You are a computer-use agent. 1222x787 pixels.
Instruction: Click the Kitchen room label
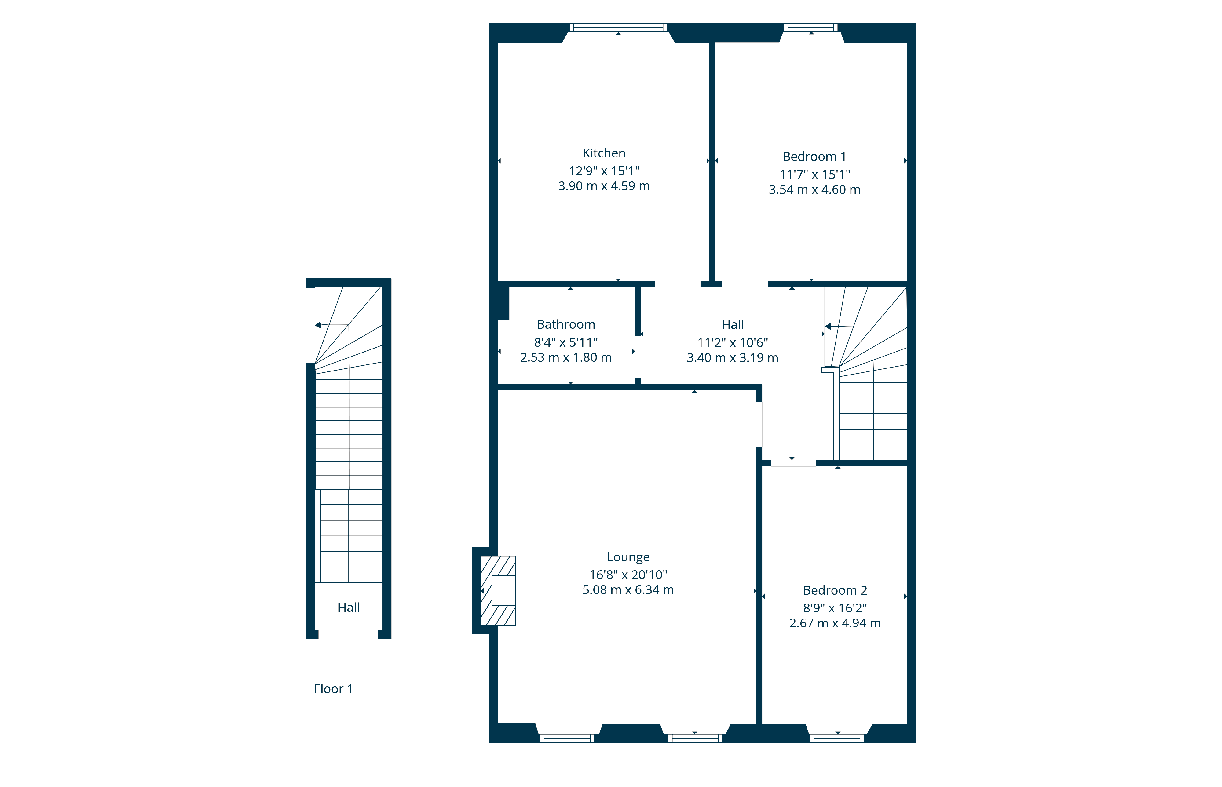click(604, 153)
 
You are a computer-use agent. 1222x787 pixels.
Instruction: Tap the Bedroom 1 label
click(814, 156)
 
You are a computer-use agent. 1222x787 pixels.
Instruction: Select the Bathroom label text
click(566, 324)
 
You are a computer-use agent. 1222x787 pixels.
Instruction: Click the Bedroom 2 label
click(835, 590)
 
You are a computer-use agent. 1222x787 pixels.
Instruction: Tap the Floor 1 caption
click(333, 689)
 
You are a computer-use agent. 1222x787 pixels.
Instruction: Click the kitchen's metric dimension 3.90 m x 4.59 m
click(604, 186)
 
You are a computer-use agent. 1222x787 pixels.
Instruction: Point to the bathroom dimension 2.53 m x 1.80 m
click(566, 358)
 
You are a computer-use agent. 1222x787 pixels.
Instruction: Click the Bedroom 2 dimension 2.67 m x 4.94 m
click(835, 623)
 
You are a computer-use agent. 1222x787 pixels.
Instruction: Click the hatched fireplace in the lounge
click(498, 590)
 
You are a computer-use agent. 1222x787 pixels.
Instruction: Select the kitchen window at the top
click(618, 28)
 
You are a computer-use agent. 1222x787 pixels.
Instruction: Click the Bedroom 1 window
click(810, 28)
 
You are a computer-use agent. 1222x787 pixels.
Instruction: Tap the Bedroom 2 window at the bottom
click(836, 738)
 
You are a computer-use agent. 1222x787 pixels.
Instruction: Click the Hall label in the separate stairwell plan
click(349, 608)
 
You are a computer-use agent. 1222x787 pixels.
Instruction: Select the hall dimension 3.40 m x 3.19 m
click(732, 358)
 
